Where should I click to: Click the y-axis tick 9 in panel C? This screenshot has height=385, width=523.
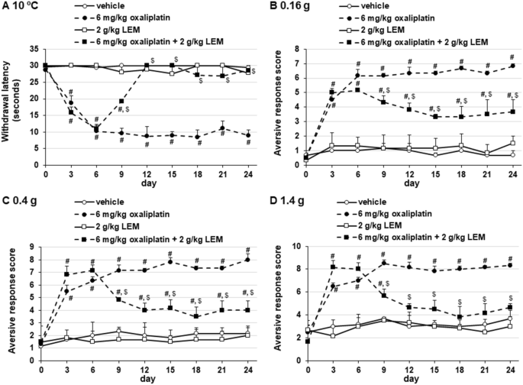point(35,247)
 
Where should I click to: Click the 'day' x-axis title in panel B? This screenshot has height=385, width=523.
point(411,185)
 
